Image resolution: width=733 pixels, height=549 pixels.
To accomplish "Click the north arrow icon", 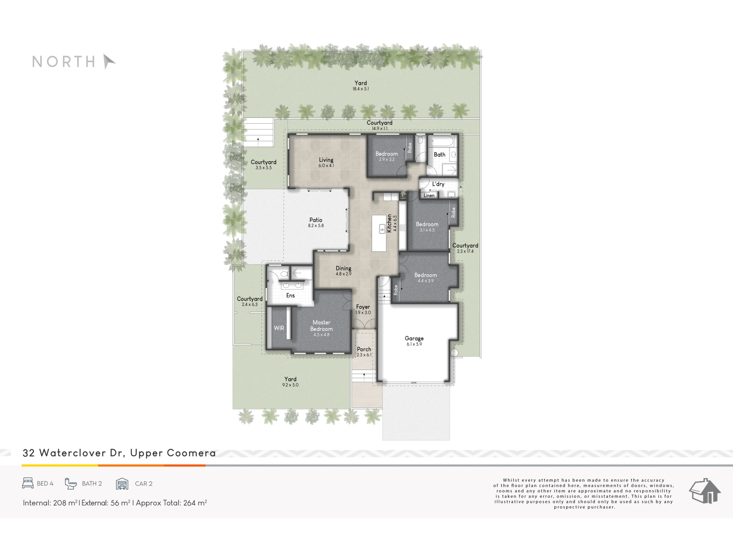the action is pyautogui.click(x=108, y=61).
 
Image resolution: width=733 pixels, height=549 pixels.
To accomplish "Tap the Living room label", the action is pyautogui.click(x=326, y=160).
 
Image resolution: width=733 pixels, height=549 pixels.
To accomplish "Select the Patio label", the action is pyautogui.click(x=316, y=220).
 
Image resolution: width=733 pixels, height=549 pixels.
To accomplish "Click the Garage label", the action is pyautogui.click(x=414, y=339).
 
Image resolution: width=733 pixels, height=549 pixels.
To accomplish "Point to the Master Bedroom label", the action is pyautogui.click(x=321, y=326).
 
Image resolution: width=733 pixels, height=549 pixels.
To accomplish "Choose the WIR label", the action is pyautogui.click(x=279, y=328).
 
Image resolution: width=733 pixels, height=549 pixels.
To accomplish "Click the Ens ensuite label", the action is pyautogui.click(x=291, y=295).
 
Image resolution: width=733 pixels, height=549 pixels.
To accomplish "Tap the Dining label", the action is pyautogui.click(x=343, y=269).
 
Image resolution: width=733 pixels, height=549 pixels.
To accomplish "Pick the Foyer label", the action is pyautogui.click(x=363, y=307).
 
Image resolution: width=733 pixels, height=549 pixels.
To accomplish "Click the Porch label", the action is pyautogui.click(x=364, y=349).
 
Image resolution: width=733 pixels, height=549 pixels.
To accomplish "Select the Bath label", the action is pyautogui.click(x=439, y=155).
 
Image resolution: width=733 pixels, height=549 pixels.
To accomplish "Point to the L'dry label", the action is pyautogui.click(x=438, y=184).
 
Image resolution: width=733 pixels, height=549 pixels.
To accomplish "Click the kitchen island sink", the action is pyautogui.click(x=382, y=229).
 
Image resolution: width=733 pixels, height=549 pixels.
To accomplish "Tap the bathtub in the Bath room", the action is pyautogui.click(x=443, y=141).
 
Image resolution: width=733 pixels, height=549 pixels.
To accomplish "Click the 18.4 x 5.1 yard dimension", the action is pyautogui.click(x=361, y=89).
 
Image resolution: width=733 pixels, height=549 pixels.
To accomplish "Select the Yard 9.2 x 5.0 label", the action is pyautogui.click(x=290, y=382).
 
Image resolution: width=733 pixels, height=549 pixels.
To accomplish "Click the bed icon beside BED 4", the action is pyautogui.click(x=28, y=483).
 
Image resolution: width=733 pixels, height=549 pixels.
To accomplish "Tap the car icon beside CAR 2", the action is pyautogui.click(x=122, y=483).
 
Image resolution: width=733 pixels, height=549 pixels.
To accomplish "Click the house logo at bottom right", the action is pyautogui.click(x=705, y=491).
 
